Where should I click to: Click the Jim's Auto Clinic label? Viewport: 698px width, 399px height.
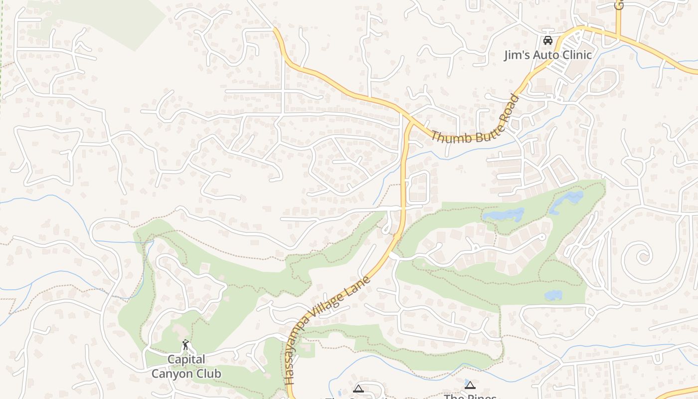click(x=547, y=55)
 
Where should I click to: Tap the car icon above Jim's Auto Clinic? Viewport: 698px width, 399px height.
click(x=547, y=40)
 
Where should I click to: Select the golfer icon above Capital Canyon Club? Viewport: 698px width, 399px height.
click(x=185, y=345)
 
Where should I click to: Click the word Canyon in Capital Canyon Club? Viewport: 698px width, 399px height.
click(x=186, y=373)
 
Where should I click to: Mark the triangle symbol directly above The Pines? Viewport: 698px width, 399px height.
click(x=470, y=385)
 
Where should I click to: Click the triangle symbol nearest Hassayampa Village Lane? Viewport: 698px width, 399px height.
click(x=358, y=389)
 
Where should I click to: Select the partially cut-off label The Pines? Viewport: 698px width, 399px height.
click(x=470, y=396)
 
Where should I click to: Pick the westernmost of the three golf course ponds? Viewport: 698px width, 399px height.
click(x=504, y=215)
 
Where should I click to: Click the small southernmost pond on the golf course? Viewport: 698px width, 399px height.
click(x=553, y=295)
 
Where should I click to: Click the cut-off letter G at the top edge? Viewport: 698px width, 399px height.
click(x=619, y=4)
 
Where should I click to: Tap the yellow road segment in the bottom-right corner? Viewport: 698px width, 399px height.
click(x=678, y=393)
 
